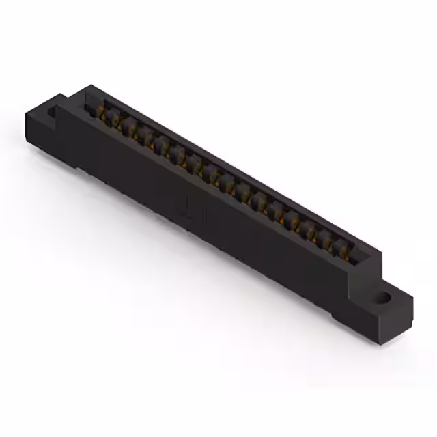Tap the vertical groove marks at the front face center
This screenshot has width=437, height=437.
coord(189,208)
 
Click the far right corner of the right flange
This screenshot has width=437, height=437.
coord(413,296)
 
